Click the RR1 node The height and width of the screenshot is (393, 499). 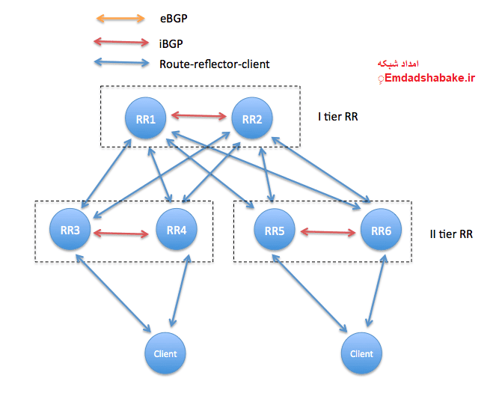pyautogui.click(x=146, y=118)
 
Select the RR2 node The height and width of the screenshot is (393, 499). pyautogui.click(x=252, y=118)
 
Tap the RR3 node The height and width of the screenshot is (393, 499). pyautogui.click(x=71, y=229)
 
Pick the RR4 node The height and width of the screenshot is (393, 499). pyautogui.click(x=177, y=229)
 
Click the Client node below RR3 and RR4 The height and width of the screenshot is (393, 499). pyautogui.click(x=165, y=353)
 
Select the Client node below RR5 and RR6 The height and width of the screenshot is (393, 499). pyautogui.click(x=361, y=353)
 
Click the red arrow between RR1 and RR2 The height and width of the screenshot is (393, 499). pyautogui.click(x=199, y=116)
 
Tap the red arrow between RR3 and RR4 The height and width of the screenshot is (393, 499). pyautogui.click(x=123, y=233)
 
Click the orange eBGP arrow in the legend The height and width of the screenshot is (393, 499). pyautogui.click(x=121, y=18)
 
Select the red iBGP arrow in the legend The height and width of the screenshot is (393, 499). pyautogui.click(x=121, y=44)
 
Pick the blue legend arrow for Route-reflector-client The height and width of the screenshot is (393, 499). pyautogui.click(x=121, y=64)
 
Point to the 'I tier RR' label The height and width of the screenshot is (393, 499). pyautogui.click(x=338, y=118)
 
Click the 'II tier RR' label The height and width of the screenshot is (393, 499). pyautogui.click(x=450, y=234)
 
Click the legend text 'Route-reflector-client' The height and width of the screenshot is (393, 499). pyautogui.click(x=214, y=64)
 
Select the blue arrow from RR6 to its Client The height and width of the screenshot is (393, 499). pyautogui.click(x=377, y=290)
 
